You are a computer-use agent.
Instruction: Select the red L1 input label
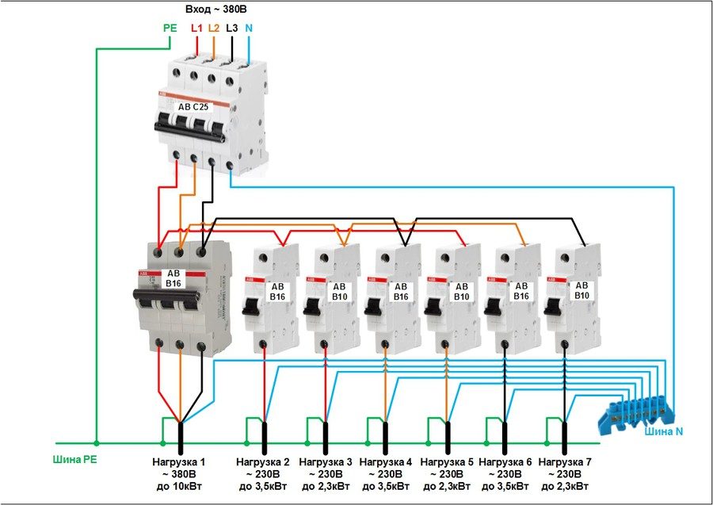(196, 27)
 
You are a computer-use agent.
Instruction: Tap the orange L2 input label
(214, 27)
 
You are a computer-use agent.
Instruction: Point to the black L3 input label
(231, 27)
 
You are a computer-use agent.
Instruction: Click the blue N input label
(250, 27)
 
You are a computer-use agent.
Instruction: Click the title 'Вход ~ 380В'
(216, 9)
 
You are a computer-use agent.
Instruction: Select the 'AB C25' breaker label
(193, 105)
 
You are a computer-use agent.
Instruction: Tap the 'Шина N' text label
(664, 431)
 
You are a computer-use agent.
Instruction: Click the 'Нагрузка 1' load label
(179, 461)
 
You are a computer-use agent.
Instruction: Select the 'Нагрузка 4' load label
(385, 461)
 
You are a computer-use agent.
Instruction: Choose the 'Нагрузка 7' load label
(564, 461)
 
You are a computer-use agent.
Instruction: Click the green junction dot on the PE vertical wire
(96, 444)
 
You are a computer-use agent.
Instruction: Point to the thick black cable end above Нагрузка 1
(180, 437)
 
